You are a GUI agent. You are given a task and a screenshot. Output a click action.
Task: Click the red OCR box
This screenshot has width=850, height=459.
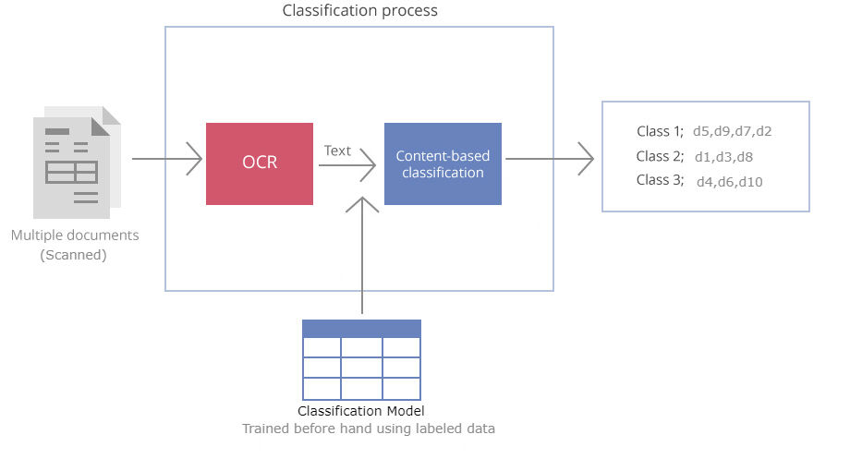[260, 163]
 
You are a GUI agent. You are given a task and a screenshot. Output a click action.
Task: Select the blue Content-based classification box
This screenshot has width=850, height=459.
[443, 163]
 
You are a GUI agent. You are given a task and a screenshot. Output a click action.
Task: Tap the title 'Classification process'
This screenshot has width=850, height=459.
[359, 11]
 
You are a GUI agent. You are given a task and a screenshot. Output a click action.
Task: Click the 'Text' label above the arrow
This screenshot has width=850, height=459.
[337, 150]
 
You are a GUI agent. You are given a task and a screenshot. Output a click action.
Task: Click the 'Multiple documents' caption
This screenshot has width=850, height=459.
[75, 236]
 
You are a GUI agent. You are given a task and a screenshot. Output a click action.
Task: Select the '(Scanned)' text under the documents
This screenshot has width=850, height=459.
[74, 255]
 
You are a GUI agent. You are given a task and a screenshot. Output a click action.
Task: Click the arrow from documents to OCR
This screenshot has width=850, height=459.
[166, 159]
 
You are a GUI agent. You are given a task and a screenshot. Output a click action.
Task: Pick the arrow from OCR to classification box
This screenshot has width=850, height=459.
[346, 167]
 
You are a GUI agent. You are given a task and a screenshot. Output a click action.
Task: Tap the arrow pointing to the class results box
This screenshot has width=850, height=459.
[549, 159]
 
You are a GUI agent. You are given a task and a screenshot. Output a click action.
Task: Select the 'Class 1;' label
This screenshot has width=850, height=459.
[660, 131]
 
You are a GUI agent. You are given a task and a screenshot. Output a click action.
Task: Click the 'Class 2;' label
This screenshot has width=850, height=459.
[660, 156]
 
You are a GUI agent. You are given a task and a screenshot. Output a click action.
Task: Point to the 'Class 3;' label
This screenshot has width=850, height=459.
[660, 181]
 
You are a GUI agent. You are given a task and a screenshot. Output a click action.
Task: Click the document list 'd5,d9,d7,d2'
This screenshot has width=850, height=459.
[732, 131]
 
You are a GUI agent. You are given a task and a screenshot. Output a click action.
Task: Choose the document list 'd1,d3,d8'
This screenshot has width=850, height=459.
[723, 157]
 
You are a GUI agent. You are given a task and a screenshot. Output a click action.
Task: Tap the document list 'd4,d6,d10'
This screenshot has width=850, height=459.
[729, 182]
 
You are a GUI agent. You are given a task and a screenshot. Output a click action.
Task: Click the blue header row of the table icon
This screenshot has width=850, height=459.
[361, 328]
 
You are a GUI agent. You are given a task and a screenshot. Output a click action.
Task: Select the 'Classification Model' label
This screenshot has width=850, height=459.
[361, 411]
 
